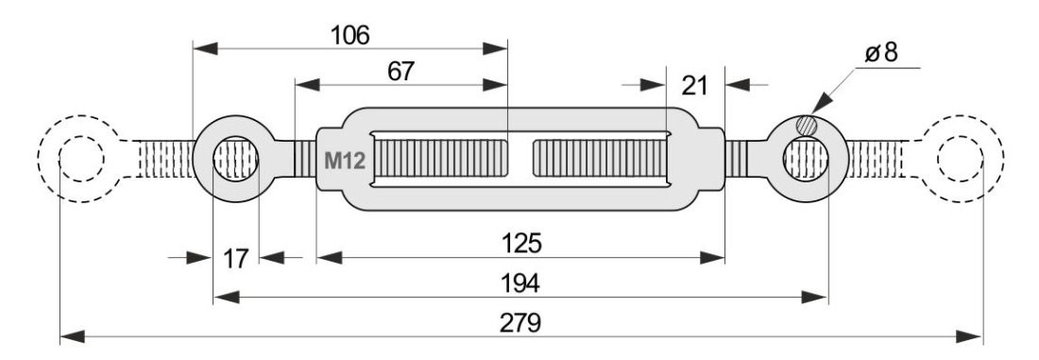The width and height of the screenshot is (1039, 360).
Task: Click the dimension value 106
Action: point(349,35)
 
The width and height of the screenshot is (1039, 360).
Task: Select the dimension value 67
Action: point(400,72)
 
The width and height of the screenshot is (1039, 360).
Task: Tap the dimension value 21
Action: point(694,86)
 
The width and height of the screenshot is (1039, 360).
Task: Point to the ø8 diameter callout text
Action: point(881,52)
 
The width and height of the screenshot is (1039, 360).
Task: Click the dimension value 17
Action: point(234,258)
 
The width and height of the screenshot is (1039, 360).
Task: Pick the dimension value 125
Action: point(520,244)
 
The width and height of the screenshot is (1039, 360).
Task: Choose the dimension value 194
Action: point(519,283)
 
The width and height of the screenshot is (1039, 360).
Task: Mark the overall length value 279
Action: point(520,323)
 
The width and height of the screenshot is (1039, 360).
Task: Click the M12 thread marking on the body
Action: point(345,161)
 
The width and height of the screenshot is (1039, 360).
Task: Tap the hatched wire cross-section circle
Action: point(807,125)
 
